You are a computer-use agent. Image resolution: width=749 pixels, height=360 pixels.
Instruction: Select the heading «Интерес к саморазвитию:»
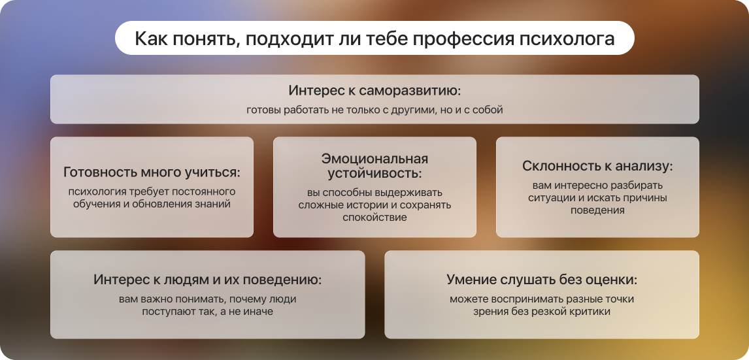[374, 90]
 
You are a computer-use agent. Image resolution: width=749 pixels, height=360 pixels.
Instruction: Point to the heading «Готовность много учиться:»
[152, 172]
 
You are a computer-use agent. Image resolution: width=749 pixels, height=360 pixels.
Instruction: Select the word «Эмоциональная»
[374, 159]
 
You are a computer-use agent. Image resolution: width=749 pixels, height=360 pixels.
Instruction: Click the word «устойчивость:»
[374, 174]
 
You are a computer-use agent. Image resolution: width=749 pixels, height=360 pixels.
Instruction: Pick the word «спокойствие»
[374, 217]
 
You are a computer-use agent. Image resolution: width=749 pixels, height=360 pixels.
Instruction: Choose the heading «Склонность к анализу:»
[597, 166]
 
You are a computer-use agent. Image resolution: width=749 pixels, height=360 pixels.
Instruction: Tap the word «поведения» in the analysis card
[597, 210]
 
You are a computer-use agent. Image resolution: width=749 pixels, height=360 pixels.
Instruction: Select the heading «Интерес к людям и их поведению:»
[207, 280]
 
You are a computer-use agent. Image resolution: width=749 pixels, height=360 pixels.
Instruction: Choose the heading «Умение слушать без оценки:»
[542, 280]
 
